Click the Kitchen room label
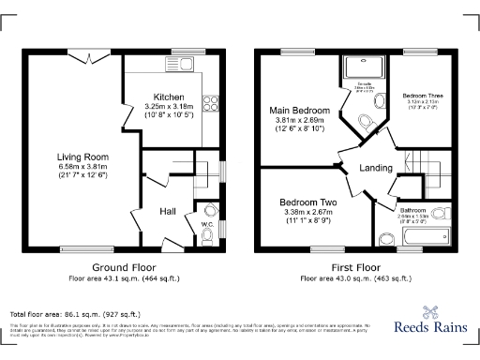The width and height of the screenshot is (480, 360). (x=170, y=97)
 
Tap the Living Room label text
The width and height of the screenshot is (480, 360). (x=82, y=157)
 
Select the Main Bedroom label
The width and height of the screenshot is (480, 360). (x=299, y=111)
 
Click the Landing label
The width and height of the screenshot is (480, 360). (x=375, y=169)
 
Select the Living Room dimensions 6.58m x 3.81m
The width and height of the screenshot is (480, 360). (x=82, y=167)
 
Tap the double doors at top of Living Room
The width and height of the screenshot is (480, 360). (x=90, y=58)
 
